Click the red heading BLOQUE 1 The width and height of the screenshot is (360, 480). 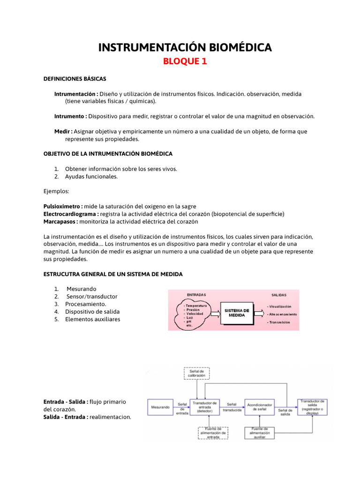[184, 61]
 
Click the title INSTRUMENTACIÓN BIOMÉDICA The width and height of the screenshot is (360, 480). [184, 47]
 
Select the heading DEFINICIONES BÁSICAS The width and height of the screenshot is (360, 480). [75, 79]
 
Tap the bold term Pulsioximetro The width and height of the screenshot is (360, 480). [63, 206]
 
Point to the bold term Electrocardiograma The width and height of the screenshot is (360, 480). [71, 214]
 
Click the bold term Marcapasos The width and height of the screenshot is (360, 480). [60, 221]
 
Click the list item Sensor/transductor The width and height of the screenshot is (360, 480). [92, 296]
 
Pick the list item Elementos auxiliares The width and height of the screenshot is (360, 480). [93, 319]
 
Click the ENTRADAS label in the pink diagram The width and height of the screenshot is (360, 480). [196, 295]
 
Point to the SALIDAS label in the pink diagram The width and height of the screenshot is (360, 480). [279, 295]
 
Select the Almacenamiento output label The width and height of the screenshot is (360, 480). [283, 314]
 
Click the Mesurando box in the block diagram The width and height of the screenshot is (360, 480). [160, 407]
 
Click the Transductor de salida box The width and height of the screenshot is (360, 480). [312, 407]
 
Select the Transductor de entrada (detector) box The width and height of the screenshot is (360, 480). [205, 407]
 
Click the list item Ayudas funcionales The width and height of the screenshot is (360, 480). [91, 177]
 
